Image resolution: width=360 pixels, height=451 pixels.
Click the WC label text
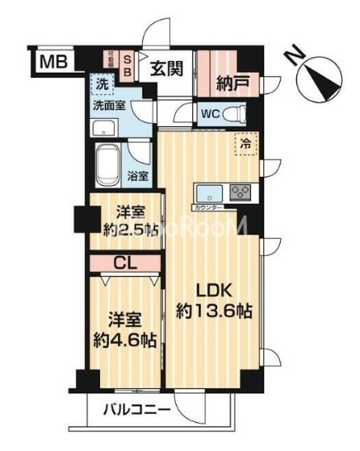coord(210,114)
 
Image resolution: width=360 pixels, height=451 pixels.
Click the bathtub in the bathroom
coord(108,165)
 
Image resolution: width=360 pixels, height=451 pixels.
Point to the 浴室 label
coord(138,176)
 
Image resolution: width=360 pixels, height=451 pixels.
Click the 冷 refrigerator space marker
coord(245,143)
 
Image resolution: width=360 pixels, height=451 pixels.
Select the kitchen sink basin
coord(207,194)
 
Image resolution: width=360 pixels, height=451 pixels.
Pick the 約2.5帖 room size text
coord(124,230)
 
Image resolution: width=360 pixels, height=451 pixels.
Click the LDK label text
coord(216,292)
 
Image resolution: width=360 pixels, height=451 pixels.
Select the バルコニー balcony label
coord(138,410)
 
